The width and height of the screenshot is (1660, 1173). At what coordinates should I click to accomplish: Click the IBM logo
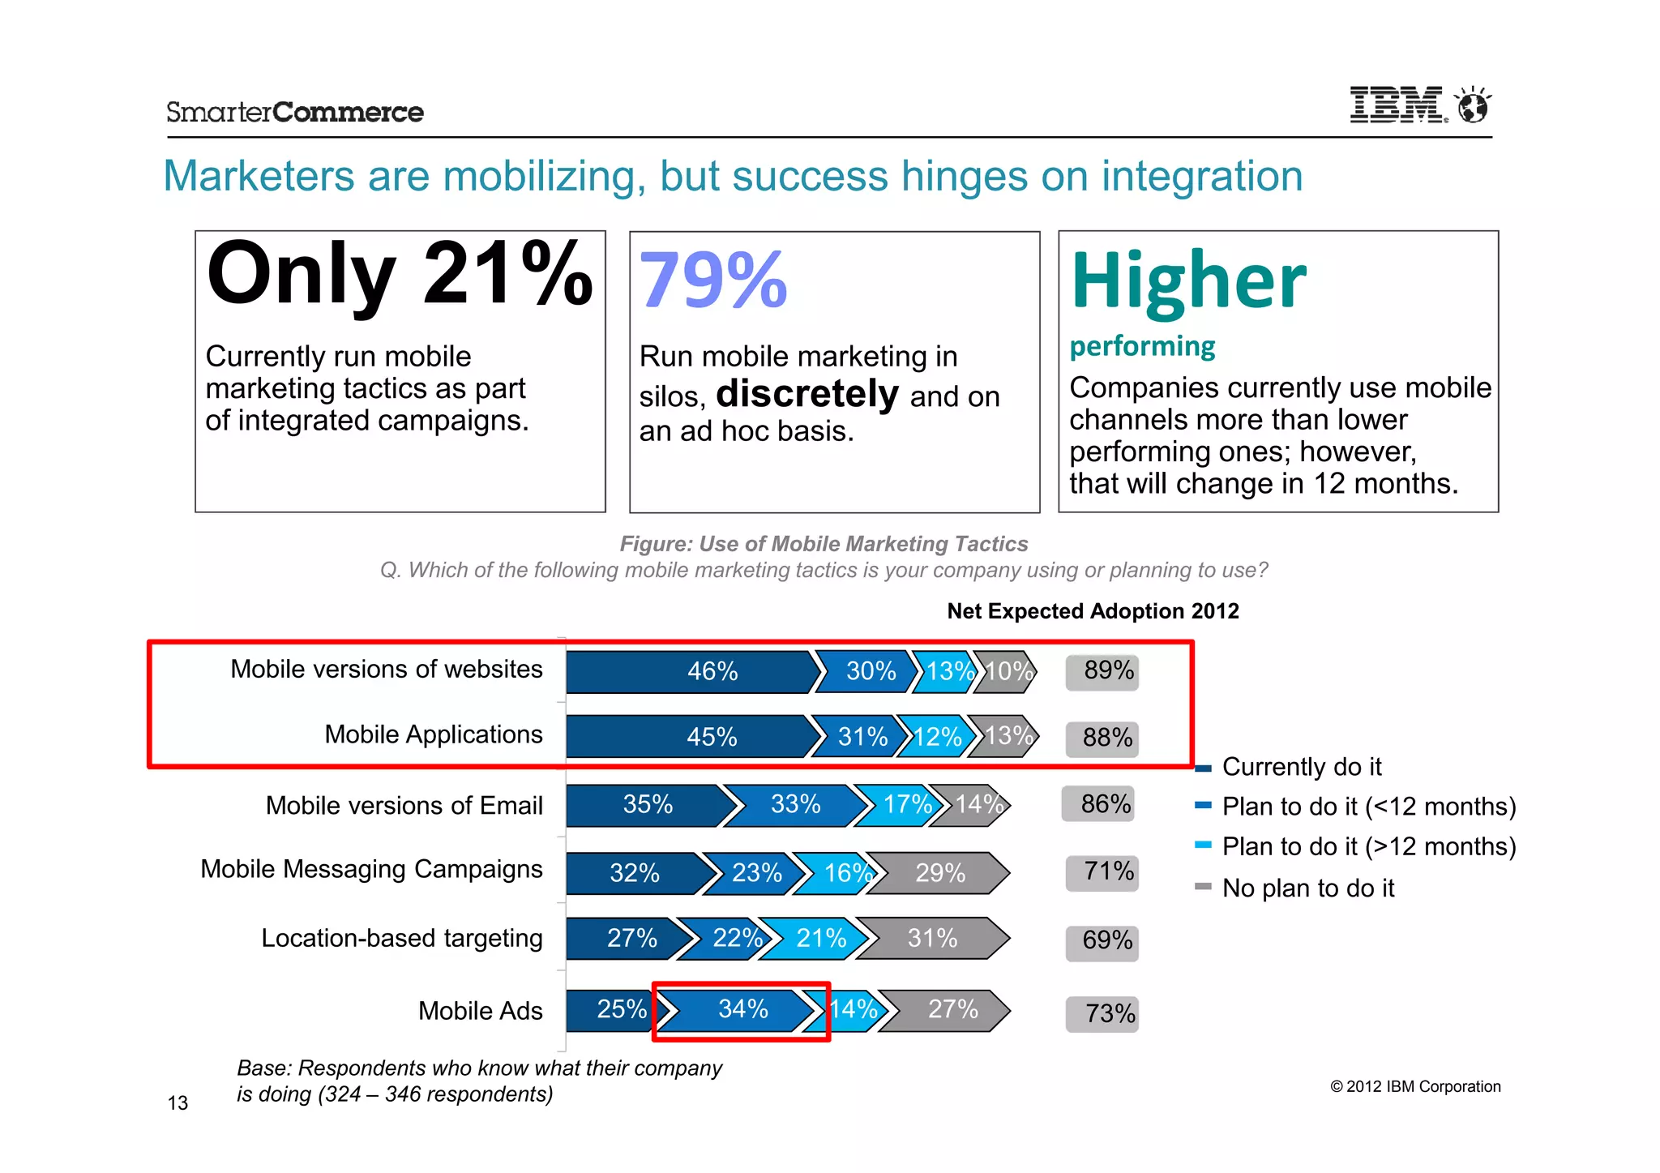coord(1396,105)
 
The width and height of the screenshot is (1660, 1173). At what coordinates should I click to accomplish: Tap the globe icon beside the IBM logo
coord(1473,105)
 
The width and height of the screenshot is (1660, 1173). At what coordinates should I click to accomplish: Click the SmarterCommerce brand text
coord(295,112)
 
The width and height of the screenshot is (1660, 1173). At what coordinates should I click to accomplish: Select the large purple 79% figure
coord(712,280)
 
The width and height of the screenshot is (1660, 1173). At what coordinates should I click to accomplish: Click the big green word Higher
coord(1188,280)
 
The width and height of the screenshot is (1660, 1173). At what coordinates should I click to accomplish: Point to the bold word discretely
coord(807,394)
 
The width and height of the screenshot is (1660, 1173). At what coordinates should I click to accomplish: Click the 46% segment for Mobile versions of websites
coord(712,671)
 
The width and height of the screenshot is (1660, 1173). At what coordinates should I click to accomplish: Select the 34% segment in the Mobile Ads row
coord(742,1009)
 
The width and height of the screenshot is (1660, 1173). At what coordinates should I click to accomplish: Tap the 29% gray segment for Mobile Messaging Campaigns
coord(939,873)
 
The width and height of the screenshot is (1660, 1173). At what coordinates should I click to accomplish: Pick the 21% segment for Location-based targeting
coord(820,938)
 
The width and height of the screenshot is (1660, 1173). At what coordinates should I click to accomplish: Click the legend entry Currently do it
coord(1300,767)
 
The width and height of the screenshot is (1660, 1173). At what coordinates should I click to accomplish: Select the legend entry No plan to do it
coord(1307,888)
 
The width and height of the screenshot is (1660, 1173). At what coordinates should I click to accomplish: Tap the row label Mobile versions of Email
coord(404,806)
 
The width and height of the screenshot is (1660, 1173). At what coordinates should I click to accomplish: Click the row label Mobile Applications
coord(433,734)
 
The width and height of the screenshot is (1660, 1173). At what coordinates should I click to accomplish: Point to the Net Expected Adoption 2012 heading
coord(1093,611)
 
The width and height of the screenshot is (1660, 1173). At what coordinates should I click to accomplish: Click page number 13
coord(178,1103)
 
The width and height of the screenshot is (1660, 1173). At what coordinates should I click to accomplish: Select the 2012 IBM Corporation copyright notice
coord(1415,1087)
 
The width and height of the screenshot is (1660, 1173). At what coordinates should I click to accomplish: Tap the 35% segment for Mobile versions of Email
coord(647,805)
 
